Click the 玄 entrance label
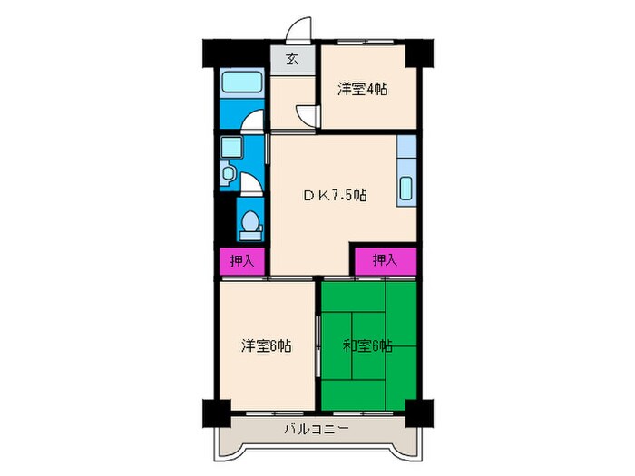(x=292, y=60)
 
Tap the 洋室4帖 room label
(x=364, y=89)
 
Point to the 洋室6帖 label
(x=266, y=345)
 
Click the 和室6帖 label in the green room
(x=367, y=345)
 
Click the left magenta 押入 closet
(x=241, y=261)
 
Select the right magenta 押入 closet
(x=385, y=260)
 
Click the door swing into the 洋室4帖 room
(x=310, y=116)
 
